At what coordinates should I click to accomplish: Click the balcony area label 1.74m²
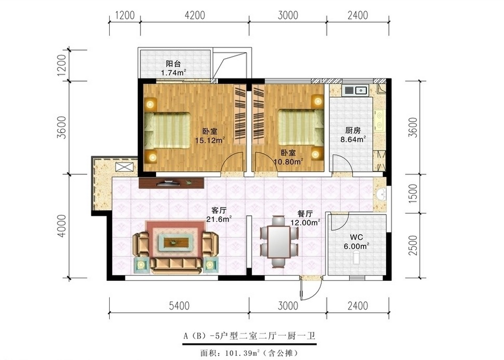(x=174, y=72)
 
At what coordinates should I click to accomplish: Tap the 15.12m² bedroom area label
(x=210, y=140)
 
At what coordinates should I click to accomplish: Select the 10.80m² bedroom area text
(x=288, y=161)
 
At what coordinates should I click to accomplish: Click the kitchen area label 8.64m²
(x=353, y=139)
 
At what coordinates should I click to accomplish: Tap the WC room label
(x=357, y=237)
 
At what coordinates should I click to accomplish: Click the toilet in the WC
(x=356, y=258)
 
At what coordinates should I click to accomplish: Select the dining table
(x=279, y=242)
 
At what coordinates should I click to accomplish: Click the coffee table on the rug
(x=175, y=242)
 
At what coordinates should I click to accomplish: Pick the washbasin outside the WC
(x=381, y=194)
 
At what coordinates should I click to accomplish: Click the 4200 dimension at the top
(x=195, y=15)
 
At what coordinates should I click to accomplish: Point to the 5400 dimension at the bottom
(x=179, y=305)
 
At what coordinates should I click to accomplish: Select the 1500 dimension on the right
(x=413, y=193)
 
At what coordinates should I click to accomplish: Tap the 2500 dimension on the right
(x=413, y=245)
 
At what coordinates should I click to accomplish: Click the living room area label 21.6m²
(x=219, y=219)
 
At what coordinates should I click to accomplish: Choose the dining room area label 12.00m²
(x=305, y=222)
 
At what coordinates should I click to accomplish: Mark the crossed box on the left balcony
(x=124, y=167)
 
